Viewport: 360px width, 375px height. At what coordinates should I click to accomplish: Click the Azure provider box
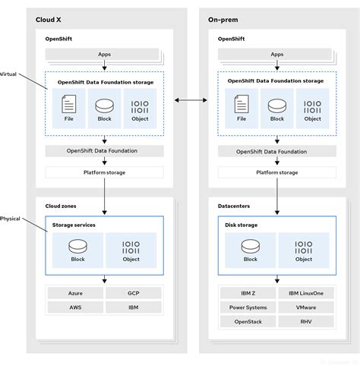click(74, 292)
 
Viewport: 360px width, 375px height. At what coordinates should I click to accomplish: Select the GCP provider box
click(134, 292)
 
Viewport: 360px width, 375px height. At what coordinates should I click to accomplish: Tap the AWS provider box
click(74, 307)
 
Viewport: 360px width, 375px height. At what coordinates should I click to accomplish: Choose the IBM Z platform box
click(247, 292)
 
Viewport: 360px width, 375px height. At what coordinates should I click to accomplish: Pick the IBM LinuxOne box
click(305, 292)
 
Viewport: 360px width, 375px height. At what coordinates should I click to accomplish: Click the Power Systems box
click(247, 307)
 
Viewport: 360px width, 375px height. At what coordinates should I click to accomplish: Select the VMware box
click(305, 307)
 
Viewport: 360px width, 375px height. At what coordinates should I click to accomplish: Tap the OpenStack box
click(247, 322)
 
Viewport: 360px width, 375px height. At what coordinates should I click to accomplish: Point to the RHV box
click(305, 322)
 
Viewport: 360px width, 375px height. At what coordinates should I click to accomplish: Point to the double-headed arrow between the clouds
click(191, 99)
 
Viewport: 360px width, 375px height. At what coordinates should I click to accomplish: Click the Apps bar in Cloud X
click(104, 55)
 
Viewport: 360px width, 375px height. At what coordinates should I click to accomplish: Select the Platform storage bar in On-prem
click(276, 172)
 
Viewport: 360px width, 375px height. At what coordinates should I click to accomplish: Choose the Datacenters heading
click(235, 206)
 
